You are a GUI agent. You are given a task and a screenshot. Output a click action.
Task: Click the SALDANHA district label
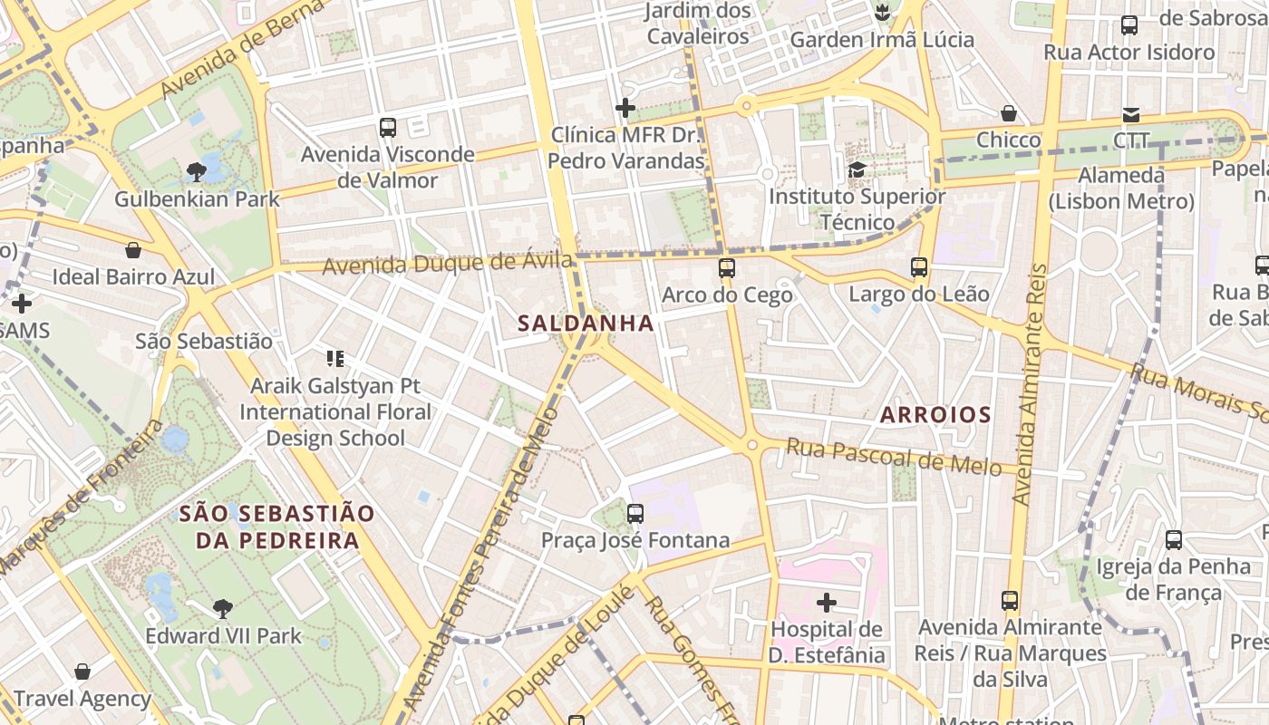tap(586, 323)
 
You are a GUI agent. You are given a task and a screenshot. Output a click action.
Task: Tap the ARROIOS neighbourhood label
tap(935, 415)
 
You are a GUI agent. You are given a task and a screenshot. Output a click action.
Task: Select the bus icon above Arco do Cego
tap(727, 267)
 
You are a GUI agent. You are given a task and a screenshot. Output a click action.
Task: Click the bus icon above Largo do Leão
tap(919, 267)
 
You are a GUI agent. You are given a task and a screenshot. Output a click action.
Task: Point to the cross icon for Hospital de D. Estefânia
tap(827, 602)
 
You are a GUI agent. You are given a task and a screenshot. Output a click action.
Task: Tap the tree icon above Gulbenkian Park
tap(196, 170)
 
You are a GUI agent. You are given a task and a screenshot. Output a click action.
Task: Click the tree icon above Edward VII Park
tap(223, 608)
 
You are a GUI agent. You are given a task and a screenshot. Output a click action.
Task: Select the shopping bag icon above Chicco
tap(1009, 113)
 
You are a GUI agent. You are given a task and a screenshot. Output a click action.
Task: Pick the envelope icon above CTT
tap(1131, 114)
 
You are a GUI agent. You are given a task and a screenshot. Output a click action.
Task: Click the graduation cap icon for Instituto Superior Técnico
tap(857, 169)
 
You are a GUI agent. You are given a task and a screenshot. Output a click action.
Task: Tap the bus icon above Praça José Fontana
tap(635, 514)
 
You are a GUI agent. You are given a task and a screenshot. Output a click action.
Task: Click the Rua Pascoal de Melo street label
tap(894, 455)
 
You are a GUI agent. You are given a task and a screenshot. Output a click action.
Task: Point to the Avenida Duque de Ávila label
tap(448, 264)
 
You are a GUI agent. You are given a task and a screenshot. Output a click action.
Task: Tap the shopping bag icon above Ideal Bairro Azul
tap(133, 250)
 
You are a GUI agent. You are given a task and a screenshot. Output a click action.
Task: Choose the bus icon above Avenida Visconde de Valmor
tap(388, 128)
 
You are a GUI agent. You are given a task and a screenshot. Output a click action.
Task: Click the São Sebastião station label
tap(203, 342)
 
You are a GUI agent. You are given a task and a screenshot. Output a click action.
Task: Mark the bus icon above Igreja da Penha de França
tap(1174, 540)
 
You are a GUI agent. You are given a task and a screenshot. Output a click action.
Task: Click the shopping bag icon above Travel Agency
tap(82, 672)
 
